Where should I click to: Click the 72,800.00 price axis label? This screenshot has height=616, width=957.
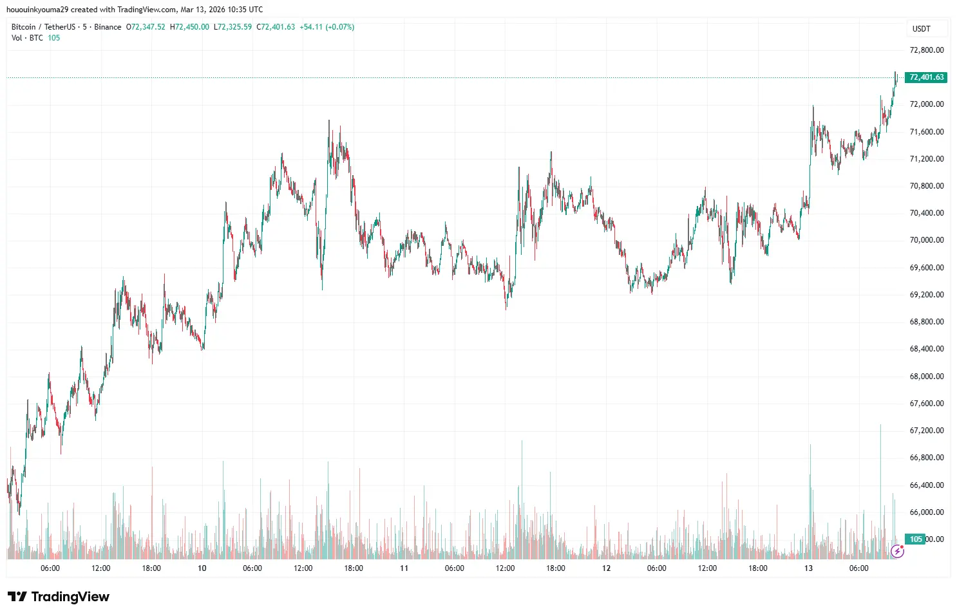(x=926, y=50)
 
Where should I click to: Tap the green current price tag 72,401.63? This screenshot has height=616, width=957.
(x=926, y=77)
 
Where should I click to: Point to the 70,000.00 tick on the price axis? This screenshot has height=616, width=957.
(x=926, y=240)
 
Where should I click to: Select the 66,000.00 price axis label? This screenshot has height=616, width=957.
(x=926, y=512)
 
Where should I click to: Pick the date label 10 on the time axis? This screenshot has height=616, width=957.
(x=202, y=568)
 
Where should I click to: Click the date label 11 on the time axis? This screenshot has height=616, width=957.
(x=404, y=568)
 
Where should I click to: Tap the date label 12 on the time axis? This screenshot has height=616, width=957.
(x=606, y=568)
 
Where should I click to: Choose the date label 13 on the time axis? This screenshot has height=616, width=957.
(x=808, y=568)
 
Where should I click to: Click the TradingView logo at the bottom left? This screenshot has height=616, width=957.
(x=59, y=597)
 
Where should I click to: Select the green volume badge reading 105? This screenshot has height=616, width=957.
(x=916, y=539)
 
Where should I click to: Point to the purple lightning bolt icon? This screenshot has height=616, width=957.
(x=897, y=551)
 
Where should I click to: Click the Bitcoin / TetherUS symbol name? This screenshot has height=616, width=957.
(x=43, y=27)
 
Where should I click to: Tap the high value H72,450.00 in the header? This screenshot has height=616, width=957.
(x=189, y=27)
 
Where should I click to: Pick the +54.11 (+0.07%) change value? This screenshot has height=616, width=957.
(x=327, y=27)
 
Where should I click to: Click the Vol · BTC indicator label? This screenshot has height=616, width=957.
(x=27, y=38)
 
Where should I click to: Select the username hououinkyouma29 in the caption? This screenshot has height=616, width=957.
(x=37, y=10)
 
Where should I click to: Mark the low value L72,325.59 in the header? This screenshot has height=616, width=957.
(x=232, y=27)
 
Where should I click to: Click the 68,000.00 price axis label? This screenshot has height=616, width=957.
(x=926, y=377)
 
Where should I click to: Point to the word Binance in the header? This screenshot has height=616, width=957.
(x=108, y=27)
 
